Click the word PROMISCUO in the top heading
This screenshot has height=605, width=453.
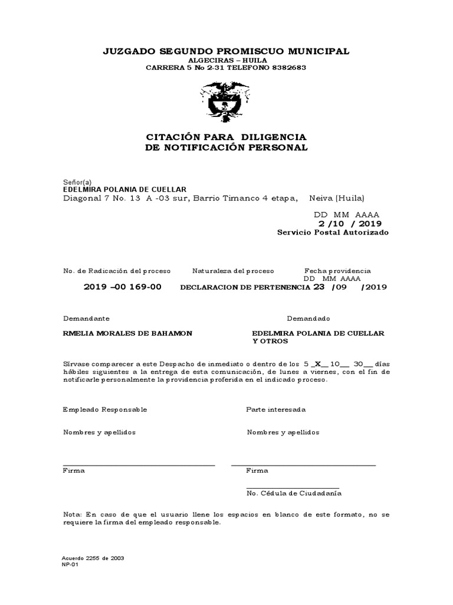(239, 51)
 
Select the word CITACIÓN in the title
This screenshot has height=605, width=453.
(172, 137)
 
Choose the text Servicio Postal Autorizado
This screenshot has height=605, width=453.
(333, 233)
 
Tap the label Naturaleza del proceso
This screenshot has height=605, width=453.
(233, 271)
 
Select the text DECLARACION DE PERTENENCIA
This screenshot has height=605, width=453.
(245, 288)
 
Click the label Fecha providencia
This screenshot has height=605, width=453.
(337, 271)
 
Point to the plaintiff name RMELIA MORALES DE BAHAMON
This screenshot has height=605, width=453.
(127, 334)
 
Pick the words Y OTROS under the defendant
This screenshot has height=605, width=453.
(270, 342)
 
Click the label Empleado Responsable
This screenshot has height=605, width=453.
(105, 409)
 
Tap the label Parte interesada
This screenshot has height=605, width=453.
(275, 409)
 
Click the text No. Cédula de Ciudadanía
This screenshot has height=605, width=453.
(294, 492)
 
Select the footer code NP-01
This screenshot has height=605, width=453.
(70, 564)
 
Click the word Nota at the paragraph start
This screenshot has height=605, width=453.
(73, 515)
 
